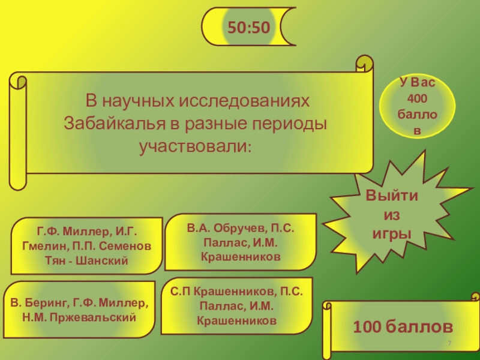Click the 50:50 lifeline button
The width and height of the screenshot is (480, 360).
248,26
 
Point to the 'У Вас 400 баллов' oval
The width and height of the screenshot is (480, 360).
418,106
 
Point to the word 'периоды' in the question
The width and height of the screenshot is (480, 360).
292,124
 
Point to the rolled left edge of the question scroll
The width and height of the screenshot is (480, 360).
17,129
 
